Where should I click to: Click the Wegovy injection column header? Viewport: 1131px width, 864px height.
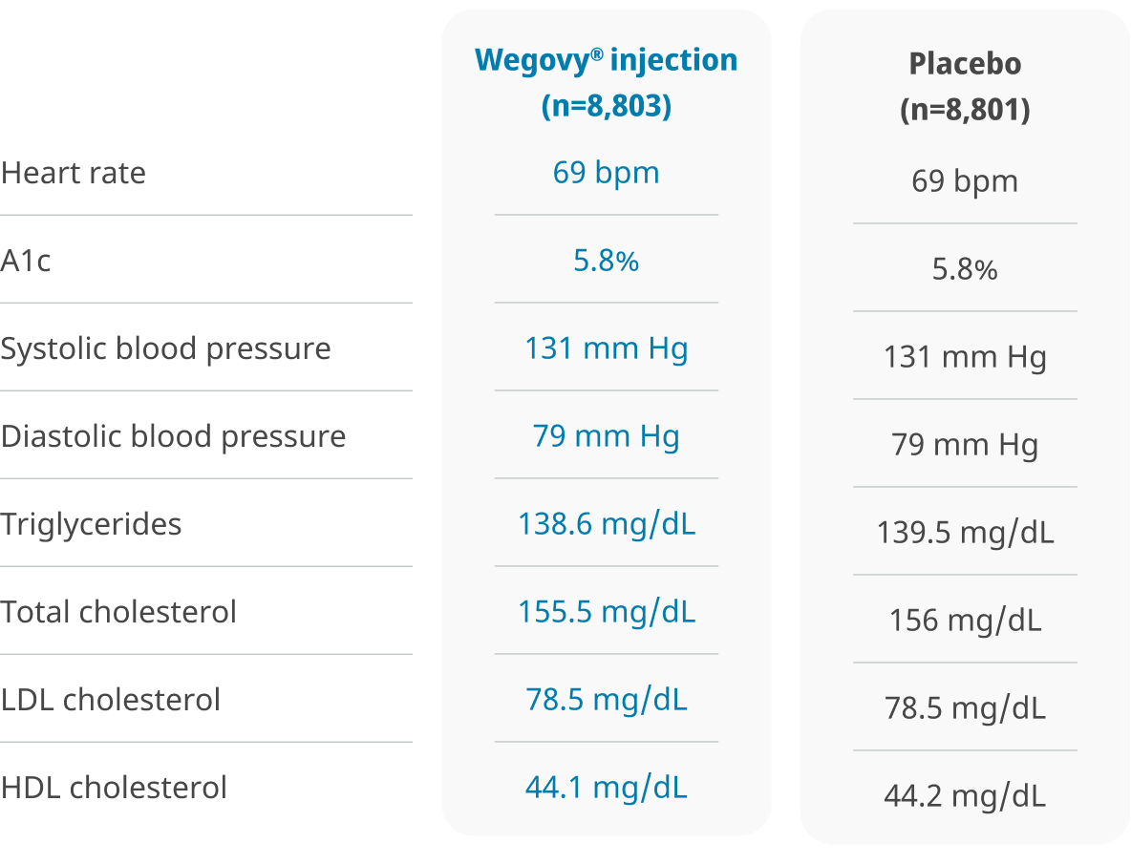tap(606, 82)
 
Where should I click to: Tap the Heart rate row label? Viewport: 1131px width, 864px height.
tap(74, 173)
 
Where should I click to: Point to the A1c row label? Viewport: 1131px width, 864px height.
tap(26, 261)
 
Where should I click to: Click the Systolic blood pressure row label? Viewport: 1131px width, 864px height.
tap(165, 348)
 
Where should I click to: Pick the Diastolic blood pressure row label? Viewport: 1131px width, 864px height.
tap(173, 436)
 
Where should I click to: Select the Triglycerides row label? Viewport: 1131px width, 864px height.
tap(91, 524)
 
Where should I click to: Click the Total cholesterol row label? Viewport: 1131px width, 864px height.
tap(118, 612)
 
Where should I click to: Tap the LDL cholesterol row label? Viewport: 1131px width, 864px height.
tap(111, 700)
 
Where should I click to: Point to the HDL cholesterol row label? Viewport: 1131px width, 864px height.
tap(114, 788)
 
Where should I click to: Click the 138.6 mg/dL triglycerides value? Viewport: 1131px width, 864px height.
tap(606, 524)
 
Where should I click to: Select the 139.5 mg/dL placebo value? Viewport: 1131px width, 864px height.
tap(965, 533)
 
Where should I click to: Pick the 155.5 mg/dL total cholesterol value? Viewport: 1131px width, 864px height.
tap(606, 612)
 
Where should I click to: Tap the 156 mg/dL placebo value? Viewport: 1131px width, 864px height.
tap(965, 621)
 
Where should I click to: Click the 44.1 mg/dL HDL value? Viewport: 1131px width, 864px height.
tap(606, 788)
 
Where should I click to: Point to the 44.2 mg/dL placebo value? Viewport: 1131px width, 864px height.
tap(965, 796)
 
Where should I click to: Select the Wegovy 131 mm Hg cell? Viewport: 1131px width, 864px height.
tap(606, 348)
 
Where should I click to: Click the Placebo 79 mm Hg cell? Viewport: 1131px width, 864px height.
tap(965, 445)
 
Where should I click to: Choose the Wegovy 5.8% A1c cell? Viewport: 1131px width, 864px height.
tap(606, 261)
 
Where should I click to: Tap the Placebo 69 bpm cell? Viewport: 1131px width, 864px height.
tap(965, 181)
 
